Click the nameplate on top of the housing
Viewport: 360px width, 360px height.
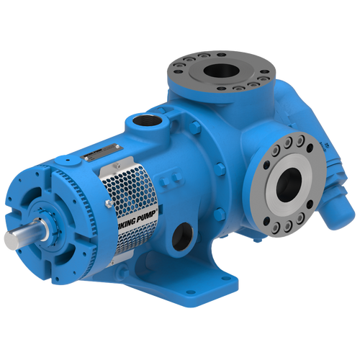98,153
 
